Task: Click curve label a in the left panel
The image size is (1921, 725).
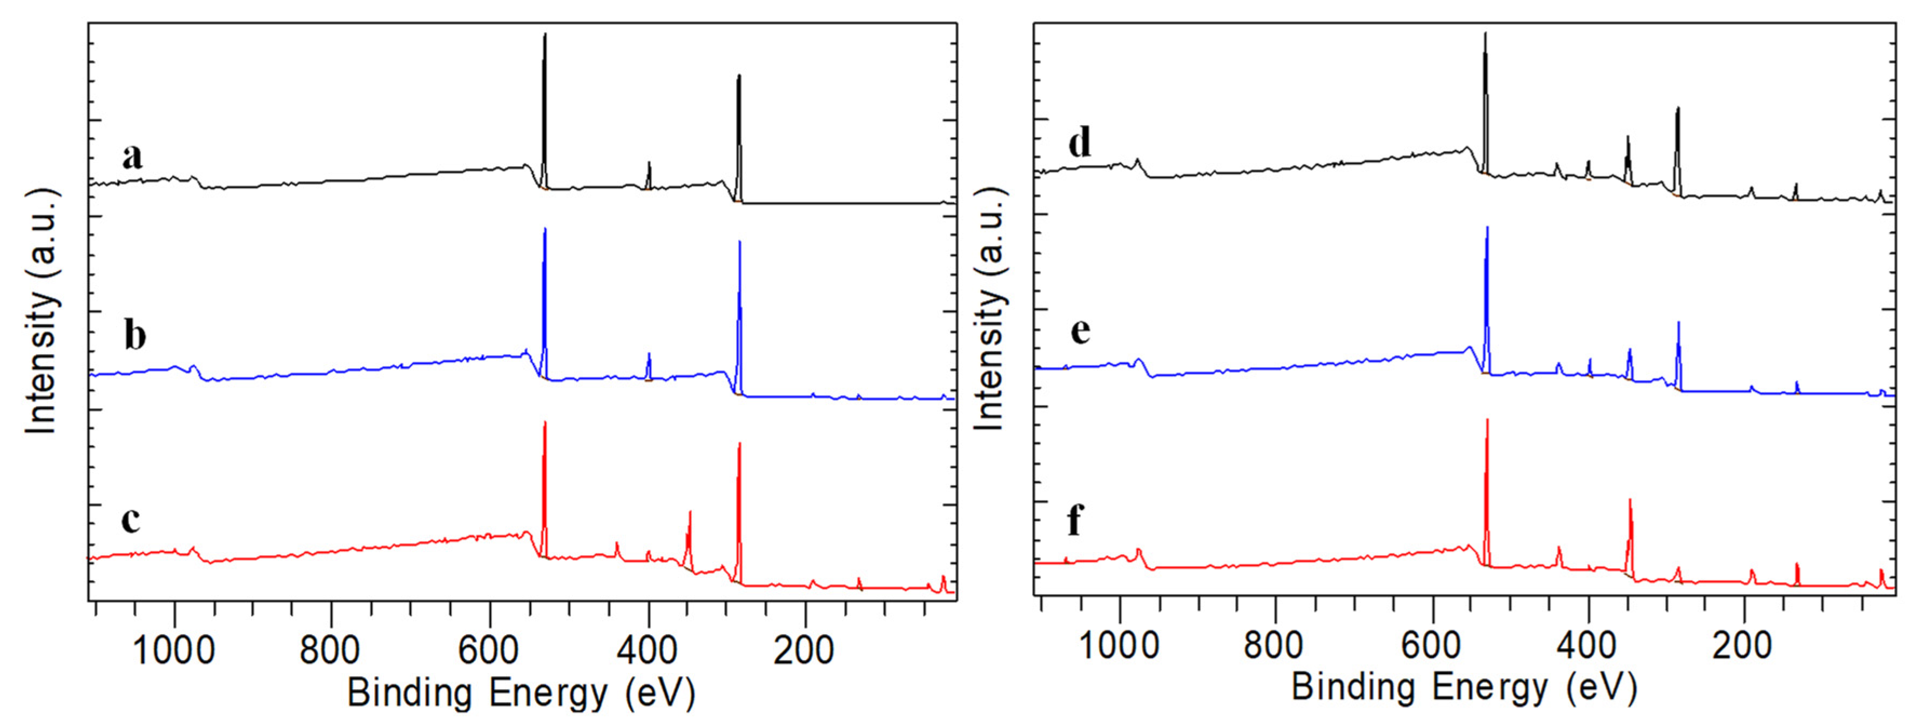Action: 133,157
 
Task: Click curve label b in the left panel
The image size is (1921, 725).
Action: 135,335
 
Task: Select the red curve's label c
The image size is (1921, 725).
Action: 131,519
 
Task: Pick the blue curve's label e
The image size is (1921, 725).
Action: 1080,330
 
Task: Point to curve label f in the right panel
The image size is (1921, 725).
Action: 1075,520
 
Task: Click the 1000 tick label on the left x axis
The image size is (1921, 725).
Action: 173,650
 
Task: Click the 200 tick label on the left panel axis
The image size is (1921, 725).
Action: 803,650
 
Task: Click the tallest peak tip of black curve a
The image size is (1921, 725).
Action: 545,35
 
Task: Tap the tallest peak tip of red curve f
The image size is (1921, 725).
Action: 1487,420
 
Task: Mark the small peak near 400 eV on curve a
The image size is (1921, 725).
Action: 649,163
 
